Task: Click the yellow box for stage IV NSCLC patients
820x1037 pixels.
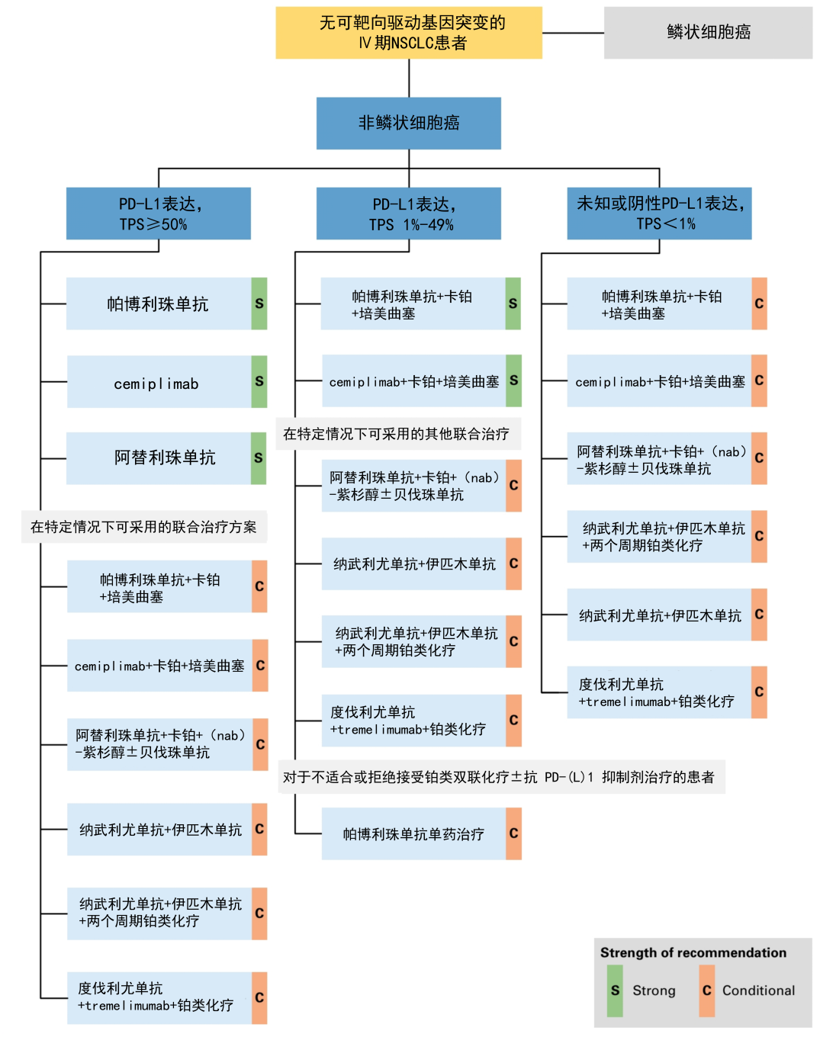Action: [x=409, y=33]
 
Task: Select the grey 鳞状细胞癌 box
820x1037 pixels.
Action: [x=708, y=33]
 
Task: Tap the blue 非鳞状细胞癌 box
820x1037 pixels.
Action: [x=409, y=123]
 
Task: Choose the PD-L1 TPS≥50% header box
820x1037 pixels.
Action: [x=159, y=213]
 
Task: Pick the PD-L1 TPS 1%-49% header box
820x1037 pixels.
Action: [x=409, y=213]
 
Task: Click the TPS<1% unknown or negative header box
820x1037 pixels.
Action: [x=659, y=213]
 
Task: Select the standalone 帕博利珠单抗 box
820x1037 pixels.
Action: [x=159, y=303]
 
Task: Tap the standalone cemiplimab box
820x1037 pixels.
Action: [x=159, y=382]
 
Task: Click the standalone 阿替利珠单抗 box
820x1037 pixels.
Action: [x=159, y=458]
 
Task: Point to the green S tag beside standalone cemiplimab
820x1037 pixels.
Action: [x=259, y=381]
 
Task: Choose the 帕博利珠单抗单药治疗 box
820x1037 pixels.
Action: [x=413, y=834]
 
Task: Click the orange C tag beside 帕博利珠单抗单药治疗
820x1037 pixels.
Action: [x=514, y=834]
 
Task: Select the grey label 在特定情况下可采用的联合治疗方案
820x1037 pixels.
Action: [x=144, y=527]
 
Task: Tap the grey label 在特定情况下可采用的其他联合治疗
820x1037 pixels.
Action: [x=397, y=434]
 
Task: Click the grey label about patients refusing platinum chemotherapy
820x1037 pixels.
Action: [x=500, y=777]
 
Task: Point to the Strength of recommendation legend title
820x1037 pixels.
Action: [x=693, y=952]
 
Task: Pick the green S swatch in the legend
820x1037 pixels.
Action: [x=615, y=990]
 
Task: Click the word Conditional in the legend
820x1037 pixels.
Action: [x=758, y=990]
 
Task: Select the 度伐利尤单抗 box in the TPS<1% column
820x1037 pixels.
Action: [x=659, y=692]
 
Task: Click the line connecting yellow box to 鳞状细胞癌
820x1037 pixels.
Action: [x=573, y=33]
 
